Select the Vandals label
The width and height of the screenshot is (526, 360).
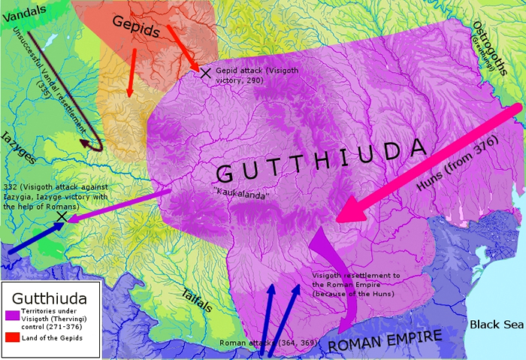tap(23, 11)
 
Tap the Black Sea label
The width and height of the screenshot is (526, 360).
tap(495, 325)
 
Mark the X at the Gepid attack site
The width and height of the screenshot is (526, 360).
tap(205, 72)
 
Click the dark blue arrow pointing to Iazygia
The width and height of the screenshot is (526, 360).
tap(34, 234)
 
